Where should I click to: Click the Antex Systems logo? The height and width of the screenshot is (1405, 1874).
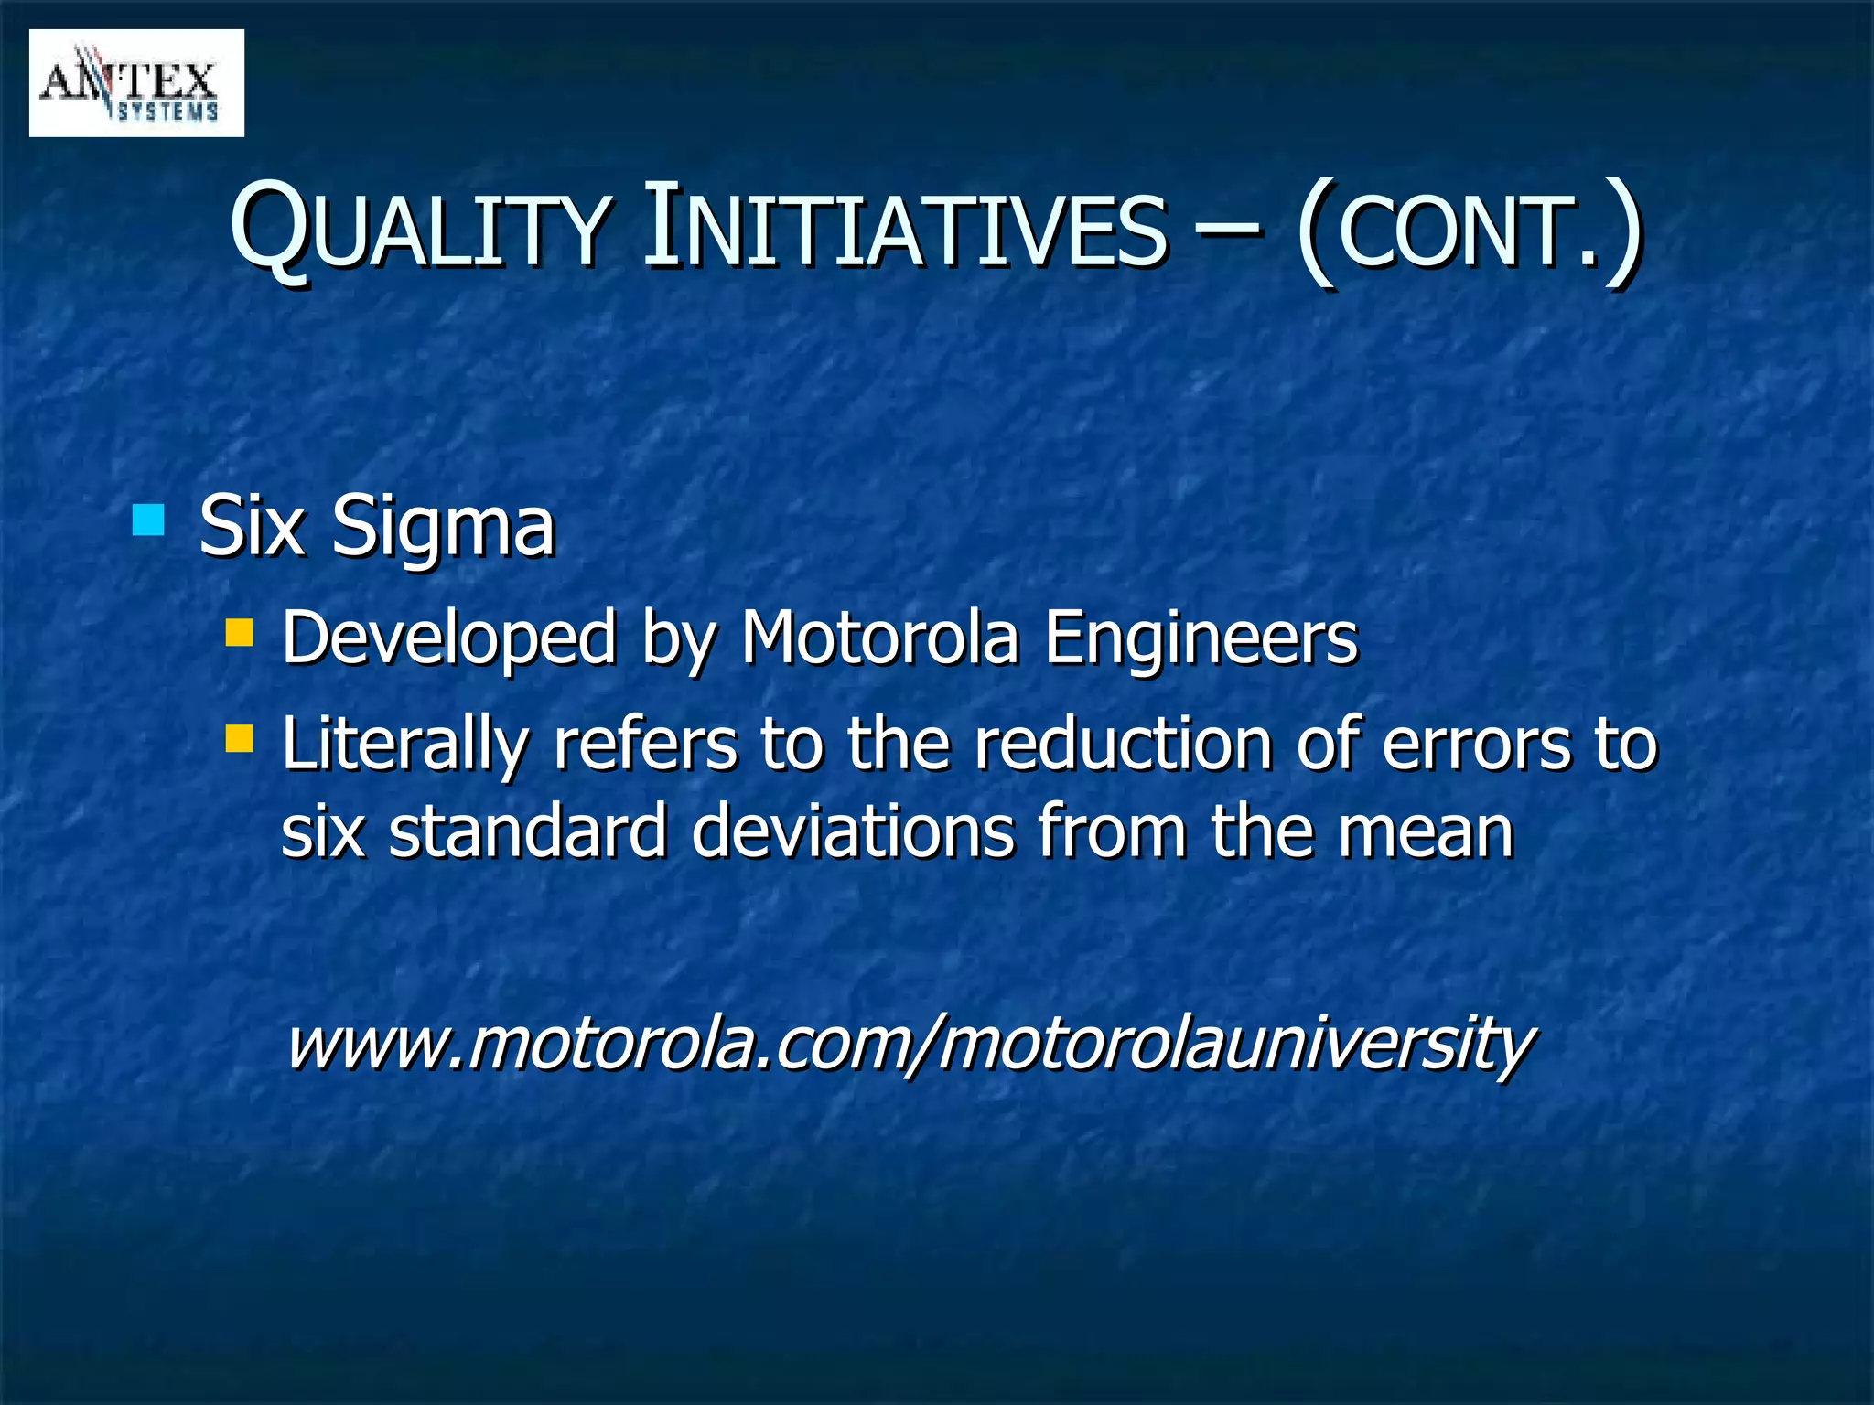pos(136,83)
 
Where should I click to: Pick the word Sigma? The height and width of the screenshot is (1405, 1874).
pos(443,528)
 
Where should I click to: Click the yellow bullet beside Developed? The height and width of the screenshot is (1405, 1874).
pos(240,632)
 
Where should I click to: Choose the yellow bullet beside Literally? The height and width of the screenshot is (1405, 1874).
pos(240,738)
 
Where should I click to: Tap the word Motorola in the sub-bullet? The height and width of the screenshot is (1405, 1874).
pos(879,638)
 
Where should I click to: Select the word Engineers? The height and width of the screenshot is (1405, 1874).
pos(1201,638)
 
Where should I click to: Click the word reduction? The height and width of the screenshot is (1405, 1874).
pos(1122,744)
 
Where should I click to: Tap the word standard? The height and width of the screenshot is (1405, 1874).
pos(527,831)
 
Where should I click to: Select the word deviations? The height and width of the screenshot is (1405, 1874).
pos(852,831)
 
